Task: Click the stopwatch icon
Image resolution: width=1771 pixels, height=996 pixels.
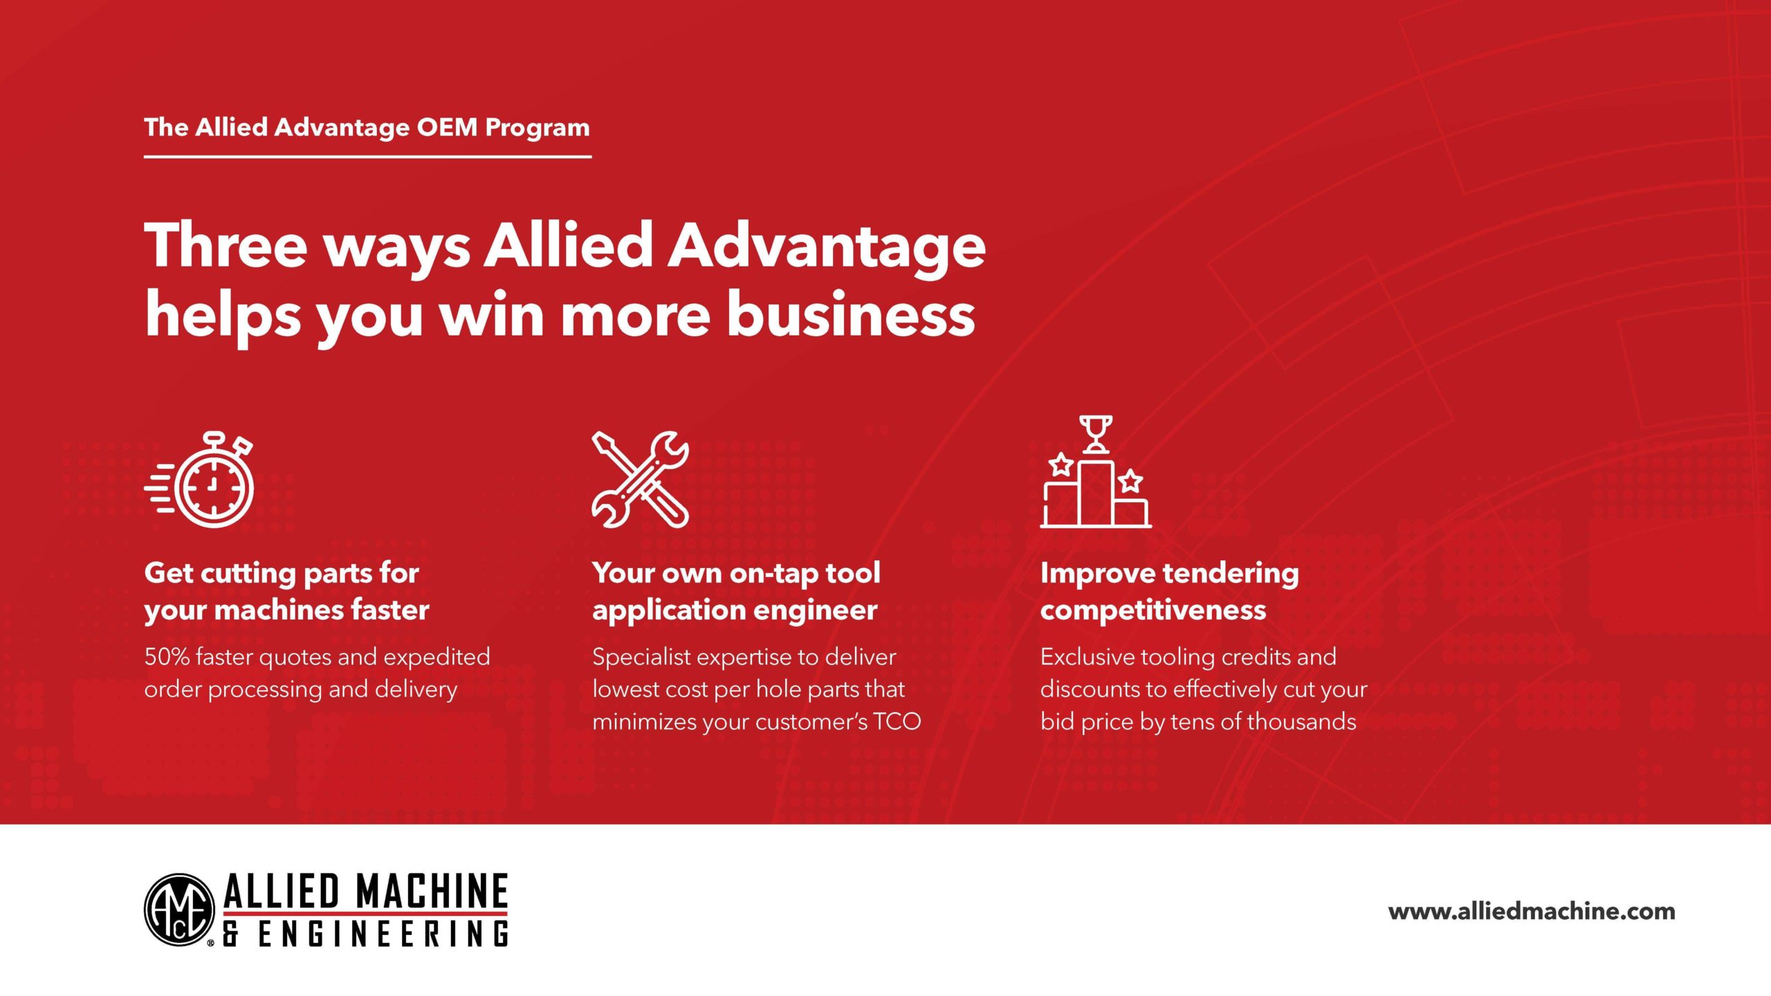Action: [201, 479]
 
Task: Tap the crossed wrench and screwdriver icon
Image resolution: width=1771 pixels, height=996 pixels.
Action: [641, 479]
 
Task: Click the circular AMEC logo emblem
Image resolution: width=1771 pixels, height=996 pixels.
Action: [179, 910]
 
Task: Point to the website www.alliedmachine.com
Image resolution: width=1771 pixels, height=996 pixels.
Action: [1532, 911]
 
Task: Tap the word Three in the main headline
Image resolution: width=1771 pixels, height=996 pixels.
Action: [226, 246]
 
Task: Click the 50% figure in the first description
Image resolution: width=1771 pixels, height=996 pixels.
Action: [167, 656]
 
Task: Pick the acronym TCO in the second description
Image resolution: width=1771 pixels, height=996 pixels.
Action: [897, 721]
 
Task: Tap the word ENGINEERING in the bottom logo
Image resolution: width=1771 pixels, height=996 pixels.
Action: [383, 934]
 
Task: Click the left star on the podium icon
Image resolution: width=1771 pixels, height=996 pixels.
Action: [1061, 464]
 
